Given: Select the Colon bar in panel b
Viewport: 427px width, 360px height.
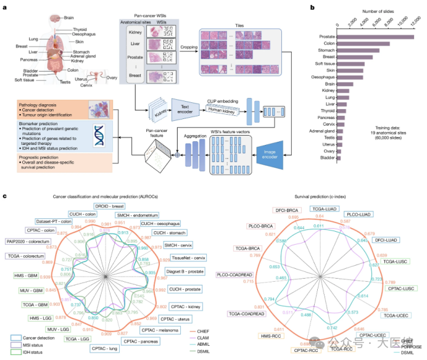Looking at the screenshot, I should pos(363,43).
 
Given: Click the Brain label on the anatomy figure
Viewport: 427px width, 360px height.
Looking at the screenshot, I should pos(71,18).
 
